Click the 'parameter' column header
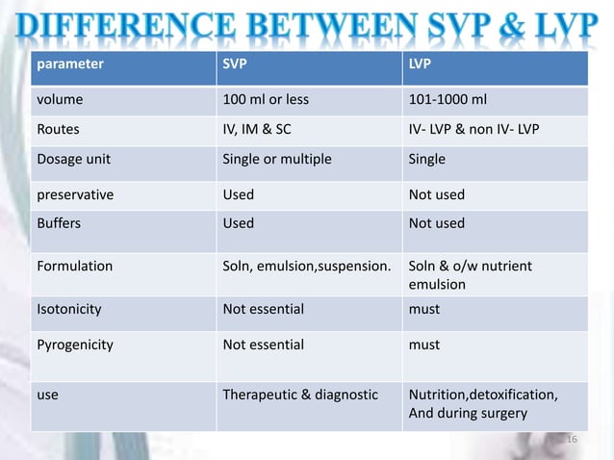[x=69, y=64]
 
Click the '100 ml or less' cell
[x=266, y=98]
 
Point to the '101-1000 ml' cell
[x=447, y=98]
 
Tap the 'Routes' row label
[x=58, y=128]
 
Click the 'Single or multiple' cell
[x=277, y=159]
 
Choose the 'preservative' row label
[x=75, y=194]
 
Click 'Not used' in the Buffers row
[x=437, y=223]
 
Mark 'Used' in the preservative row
[x=239, y=194]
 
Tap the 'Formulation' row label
[x=74, y=266]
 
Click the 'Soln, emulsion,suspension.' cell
[x=306, y=266]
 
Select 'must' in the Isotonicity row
[x=424, y=309]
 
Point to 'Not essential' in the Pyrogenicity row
[x=264, y=345]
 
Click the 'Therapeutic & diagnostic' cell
[x=300, y=395]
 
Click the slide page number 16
[x=569, y=440]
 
